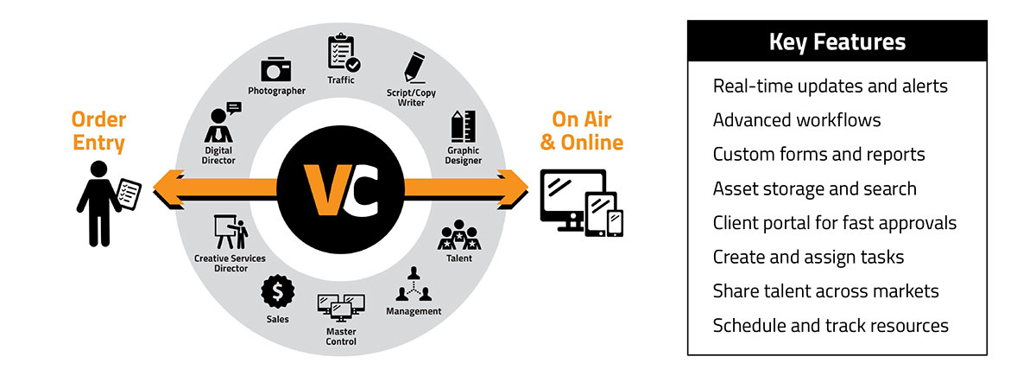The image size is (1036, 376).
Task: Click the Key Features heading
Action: (x=837, y=41)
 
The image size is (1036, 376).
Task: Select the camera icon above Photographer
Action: (x=277, y=69)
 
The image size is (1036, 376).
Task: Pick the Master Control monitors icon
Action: (x=341, y=308)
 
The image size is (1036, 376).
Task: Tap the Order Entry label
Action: (x=98, y=131)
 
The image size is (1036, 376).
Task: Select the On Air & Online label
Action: (x=581, y=130)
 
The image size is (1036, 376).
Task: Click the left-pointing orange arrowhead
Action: (x=165, y=185)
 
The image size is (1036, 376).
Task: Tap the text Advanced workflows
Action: (x=797, y=120)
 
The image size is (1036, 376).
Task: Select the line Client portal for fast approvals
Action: (x=835, y=223)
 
